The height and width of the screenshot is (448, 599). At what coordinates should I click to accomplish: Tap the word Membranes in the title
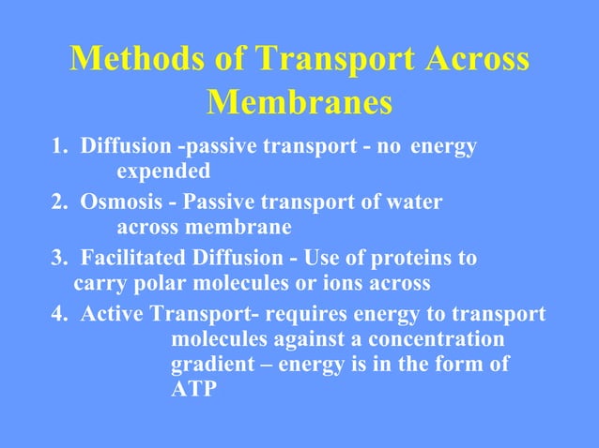(299, 102)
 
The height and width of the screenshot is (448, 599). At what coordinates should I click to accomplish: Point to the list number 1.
(57, 147)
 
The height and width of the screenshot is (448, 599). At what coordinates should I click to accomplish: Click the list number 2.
(57, 202)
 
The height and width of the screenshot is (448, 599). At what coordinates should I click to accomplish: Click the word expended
(163, 172)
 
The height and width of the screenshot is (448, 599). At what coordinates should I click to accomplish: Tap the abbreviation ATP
(192, 389)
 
